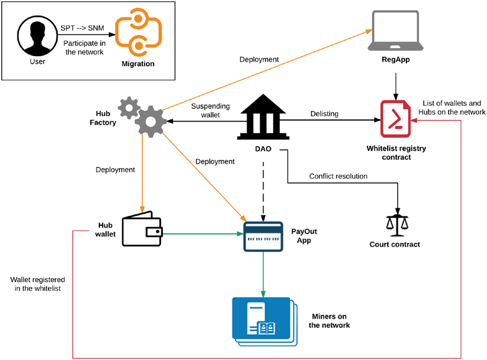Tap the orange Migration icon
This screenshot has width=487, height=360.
click(x=138, y=35)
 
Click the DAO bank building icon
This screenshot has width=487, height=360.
click(x=261, y=116)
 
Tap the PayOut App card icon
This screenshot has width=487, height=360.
click(x=262, y=236)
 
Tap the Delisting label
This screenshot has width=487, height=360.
click(x=324, y=114)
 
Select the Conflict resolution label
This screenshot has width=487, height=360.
click(x=338, y=176)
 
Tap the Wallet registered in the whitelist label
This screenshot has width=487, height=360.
click(x=37, y=284)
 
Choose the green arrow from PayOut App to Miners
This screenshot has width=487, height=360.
click(x=263, y=274)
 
